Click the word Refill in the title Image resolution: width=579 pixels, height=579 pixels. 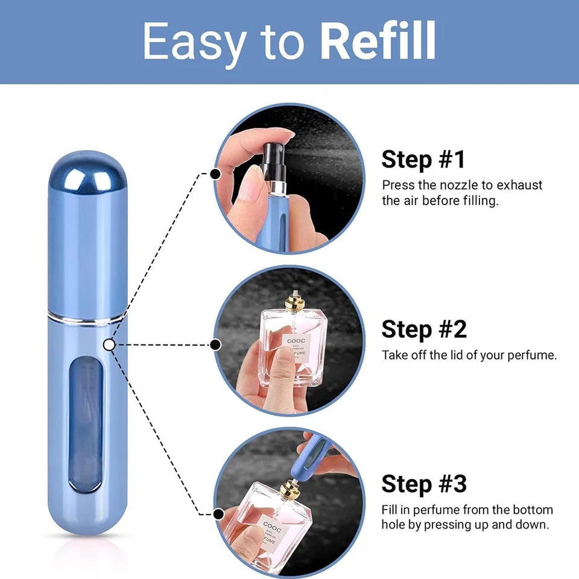click(x=378, y=41)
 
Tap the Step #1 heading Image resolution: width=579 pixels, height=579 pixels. click(x=423, y=160)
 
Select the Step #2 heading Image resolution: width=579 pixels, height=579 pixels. click(x=424, y=329)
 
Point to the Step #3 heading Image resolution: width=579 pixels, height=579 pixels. click(x=424, y=484)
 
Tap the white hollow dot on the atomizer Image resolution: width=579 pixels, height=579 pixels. click(x=109, y=344)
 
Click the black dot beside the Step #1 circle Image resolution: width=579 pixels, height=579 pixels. click(x=214, y=174)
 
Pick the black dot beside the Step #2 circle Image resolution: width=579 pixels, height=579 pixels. click(x=214, y=344)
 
